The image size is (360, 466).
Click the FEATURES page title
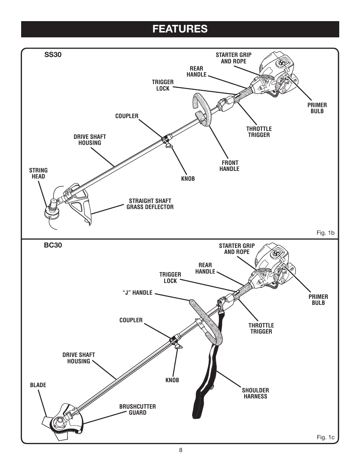click(180, 29)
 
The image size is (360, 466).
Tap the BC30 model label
click(52, 245)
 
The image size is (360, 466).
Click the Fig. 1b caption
click(325, 233)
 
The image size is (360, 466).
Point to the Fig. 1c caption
click(325, 437)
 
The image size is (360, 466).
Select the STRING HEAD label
click(38, 174)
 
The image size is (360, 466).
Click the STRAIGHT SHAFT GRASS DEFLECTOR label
click(150, 204)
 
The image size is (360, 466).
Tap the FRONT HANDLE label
click(229, 166)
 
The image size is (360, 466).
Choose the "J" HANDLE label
click(137, 292)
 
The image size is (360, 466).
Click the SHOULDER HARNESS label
click(255, 393)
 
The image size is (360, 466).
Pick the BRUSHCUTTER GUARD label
click(137, 409)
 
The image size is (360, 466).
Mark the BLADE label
click(38, 385)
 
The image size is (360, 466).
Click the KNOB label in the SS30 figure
click(188, 178)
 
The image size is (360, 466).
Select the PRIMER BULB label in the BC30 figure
click(318, 300)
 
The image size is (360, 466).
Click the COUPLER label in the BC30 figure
click(131, 320)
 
